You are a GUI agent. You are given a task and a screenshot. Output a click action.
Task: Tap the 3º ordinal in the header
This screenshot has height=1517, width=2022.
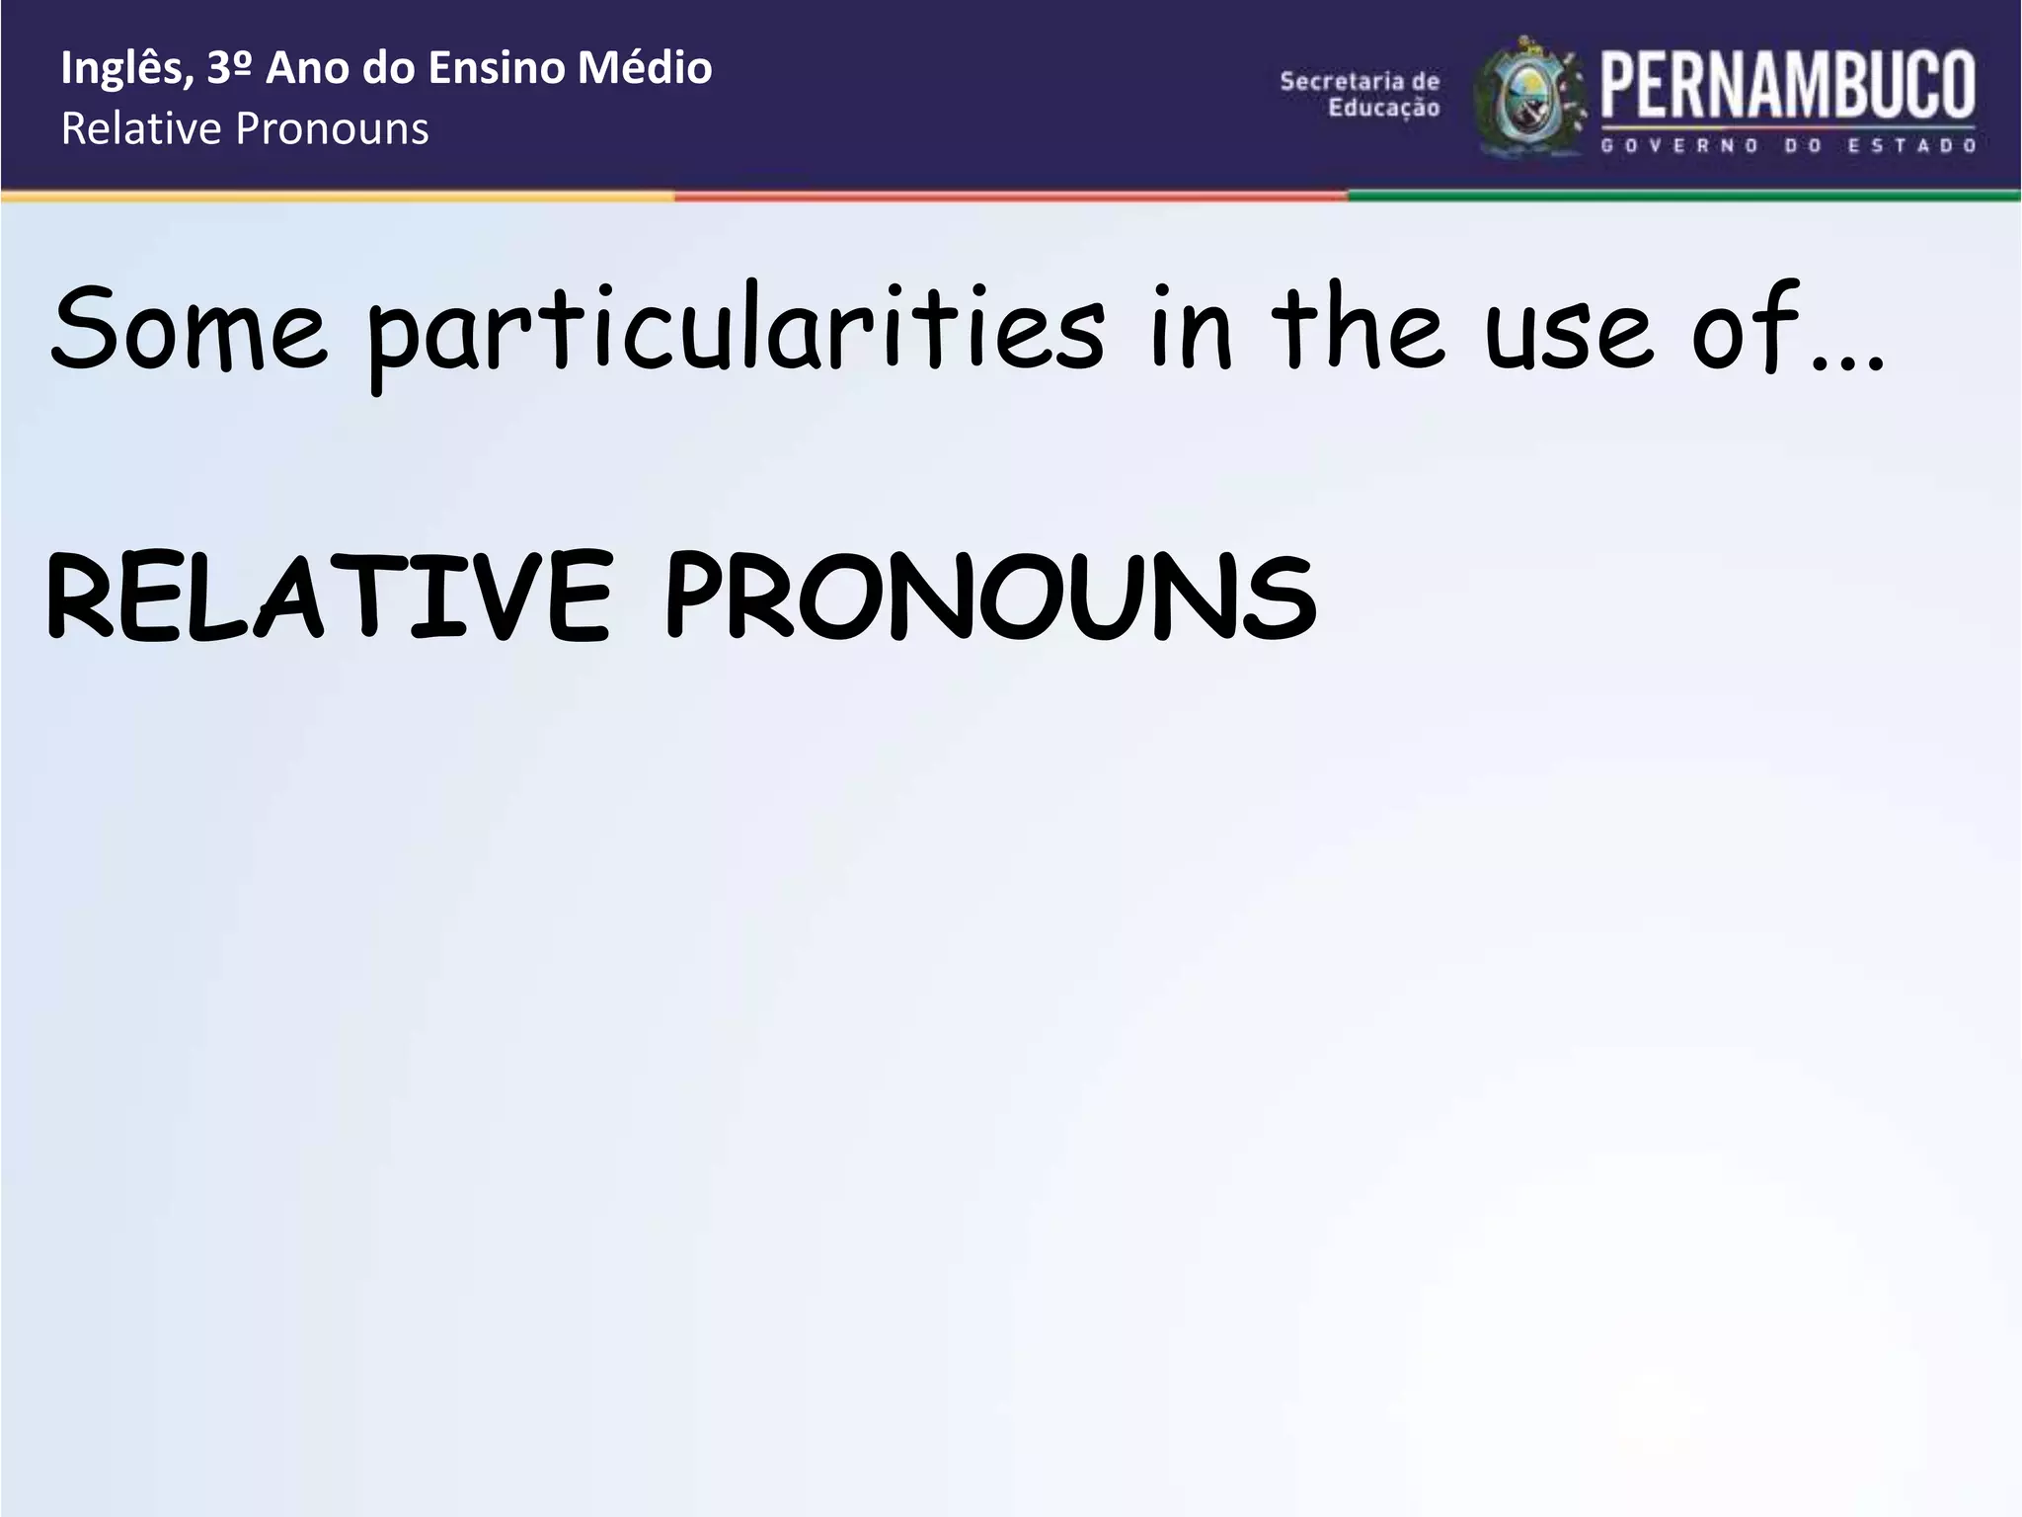click(x=231, y=69)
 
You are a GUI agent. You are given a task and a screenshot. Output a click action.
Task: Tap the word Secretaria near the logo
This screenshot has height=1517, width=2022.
click(x=1360, y=81)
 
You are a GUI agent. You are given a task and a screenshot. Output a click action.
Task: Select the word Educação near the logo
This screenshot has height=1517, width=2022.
click(x=1383, y=108)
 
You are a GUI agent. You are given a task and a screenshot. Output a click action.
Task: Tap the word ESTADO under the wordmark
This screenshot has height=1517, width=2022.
click(x=1911, y=146)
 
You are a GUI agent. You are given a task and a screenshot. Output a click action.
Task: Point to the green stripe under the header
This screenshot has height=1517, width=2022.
click(x=1683, y=197)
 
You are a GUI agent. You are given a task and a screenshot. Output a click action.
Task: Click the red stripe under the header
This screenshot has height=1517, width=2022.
click(x=1010, y=197)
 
